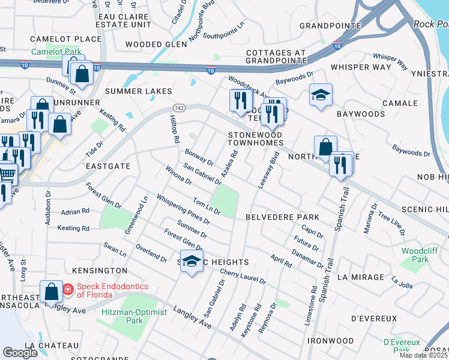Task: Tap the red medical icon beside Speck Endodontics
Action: click(68, 289)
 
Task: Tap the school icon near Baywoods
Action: click(321, 95)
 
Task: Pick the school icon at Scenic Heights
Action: click(191, 262)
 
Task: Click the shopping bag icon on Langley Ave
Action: click(52, 291)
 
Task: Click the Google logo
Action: click(20, 353)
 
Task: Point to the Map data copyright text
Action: click(424, 355)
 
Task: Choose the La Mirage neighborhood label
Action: click(360, 277)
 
